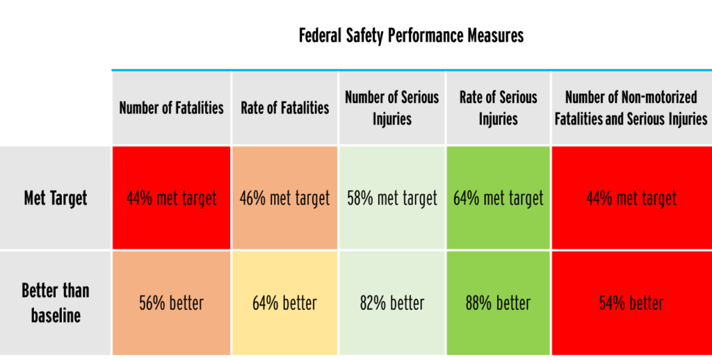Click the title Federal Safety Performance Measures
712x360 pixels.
click(411, 35)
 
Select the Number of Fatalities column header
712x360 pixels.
click(171, 108)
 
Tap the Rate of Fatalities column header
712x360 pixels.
click(285, 108)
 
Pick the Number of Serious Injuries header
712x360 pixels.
click(392, 108)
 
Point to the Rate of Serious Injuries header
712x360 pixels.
click(498, 108)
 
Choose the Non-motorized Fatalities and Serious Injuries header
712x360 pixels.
click(631, 108)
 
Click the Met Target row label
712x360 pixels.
click(56, 198)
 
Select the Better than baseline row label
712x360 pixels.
click(56, 303)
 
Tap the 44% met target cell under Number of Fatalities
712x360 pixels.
click(171, 199)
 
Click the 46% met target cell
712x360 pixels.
click(285, 199)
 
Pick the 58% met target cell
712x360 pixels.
click(392, 199)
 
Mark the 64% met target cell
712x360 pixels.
click(498, 199)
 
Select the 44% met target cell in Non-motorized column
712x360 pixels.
click(631, 199)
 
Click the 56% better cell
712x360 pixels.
click(171, 304)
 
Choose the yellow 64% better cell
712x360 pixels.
click(285, 304)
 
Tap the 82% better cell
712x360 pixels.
click(392, 304)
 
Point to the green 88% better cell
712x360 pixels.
click(498, 304)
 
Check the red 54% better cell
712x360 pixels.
click(631, 304)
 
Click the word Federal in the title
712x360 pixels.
click(321, 35)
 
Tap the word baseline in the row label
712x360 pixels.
click(56, 316)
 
